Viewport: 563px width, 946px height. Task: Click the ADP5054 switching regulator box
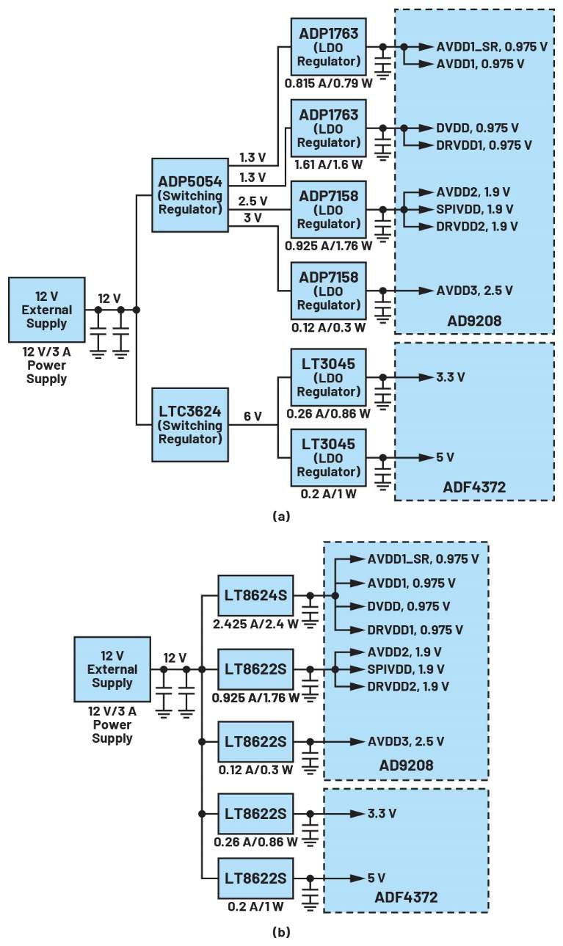(x=189, y=195)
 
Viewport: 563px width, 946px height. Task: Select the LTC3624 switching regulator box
(x=189, y=425)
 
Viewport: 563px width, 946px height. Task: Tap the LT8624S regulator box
(x=256, y=595)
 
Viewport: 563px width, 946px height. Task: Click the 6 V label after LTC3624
(x=253, y=416)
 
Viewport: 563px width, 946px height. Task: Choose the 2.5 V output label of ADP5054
(x=253, y=200)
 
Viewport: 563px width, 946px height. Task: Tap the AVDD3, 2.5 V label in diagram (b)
(x=405, y=741)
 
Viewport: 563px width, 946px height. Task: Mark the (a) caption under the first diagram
(x=281, y=517)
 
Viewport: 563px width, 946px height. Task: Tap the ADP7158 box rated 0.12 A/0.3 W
(x=328, y=289)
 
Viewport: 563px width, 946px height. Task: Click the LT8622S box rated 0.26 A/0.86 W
(x=256, y=814)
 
